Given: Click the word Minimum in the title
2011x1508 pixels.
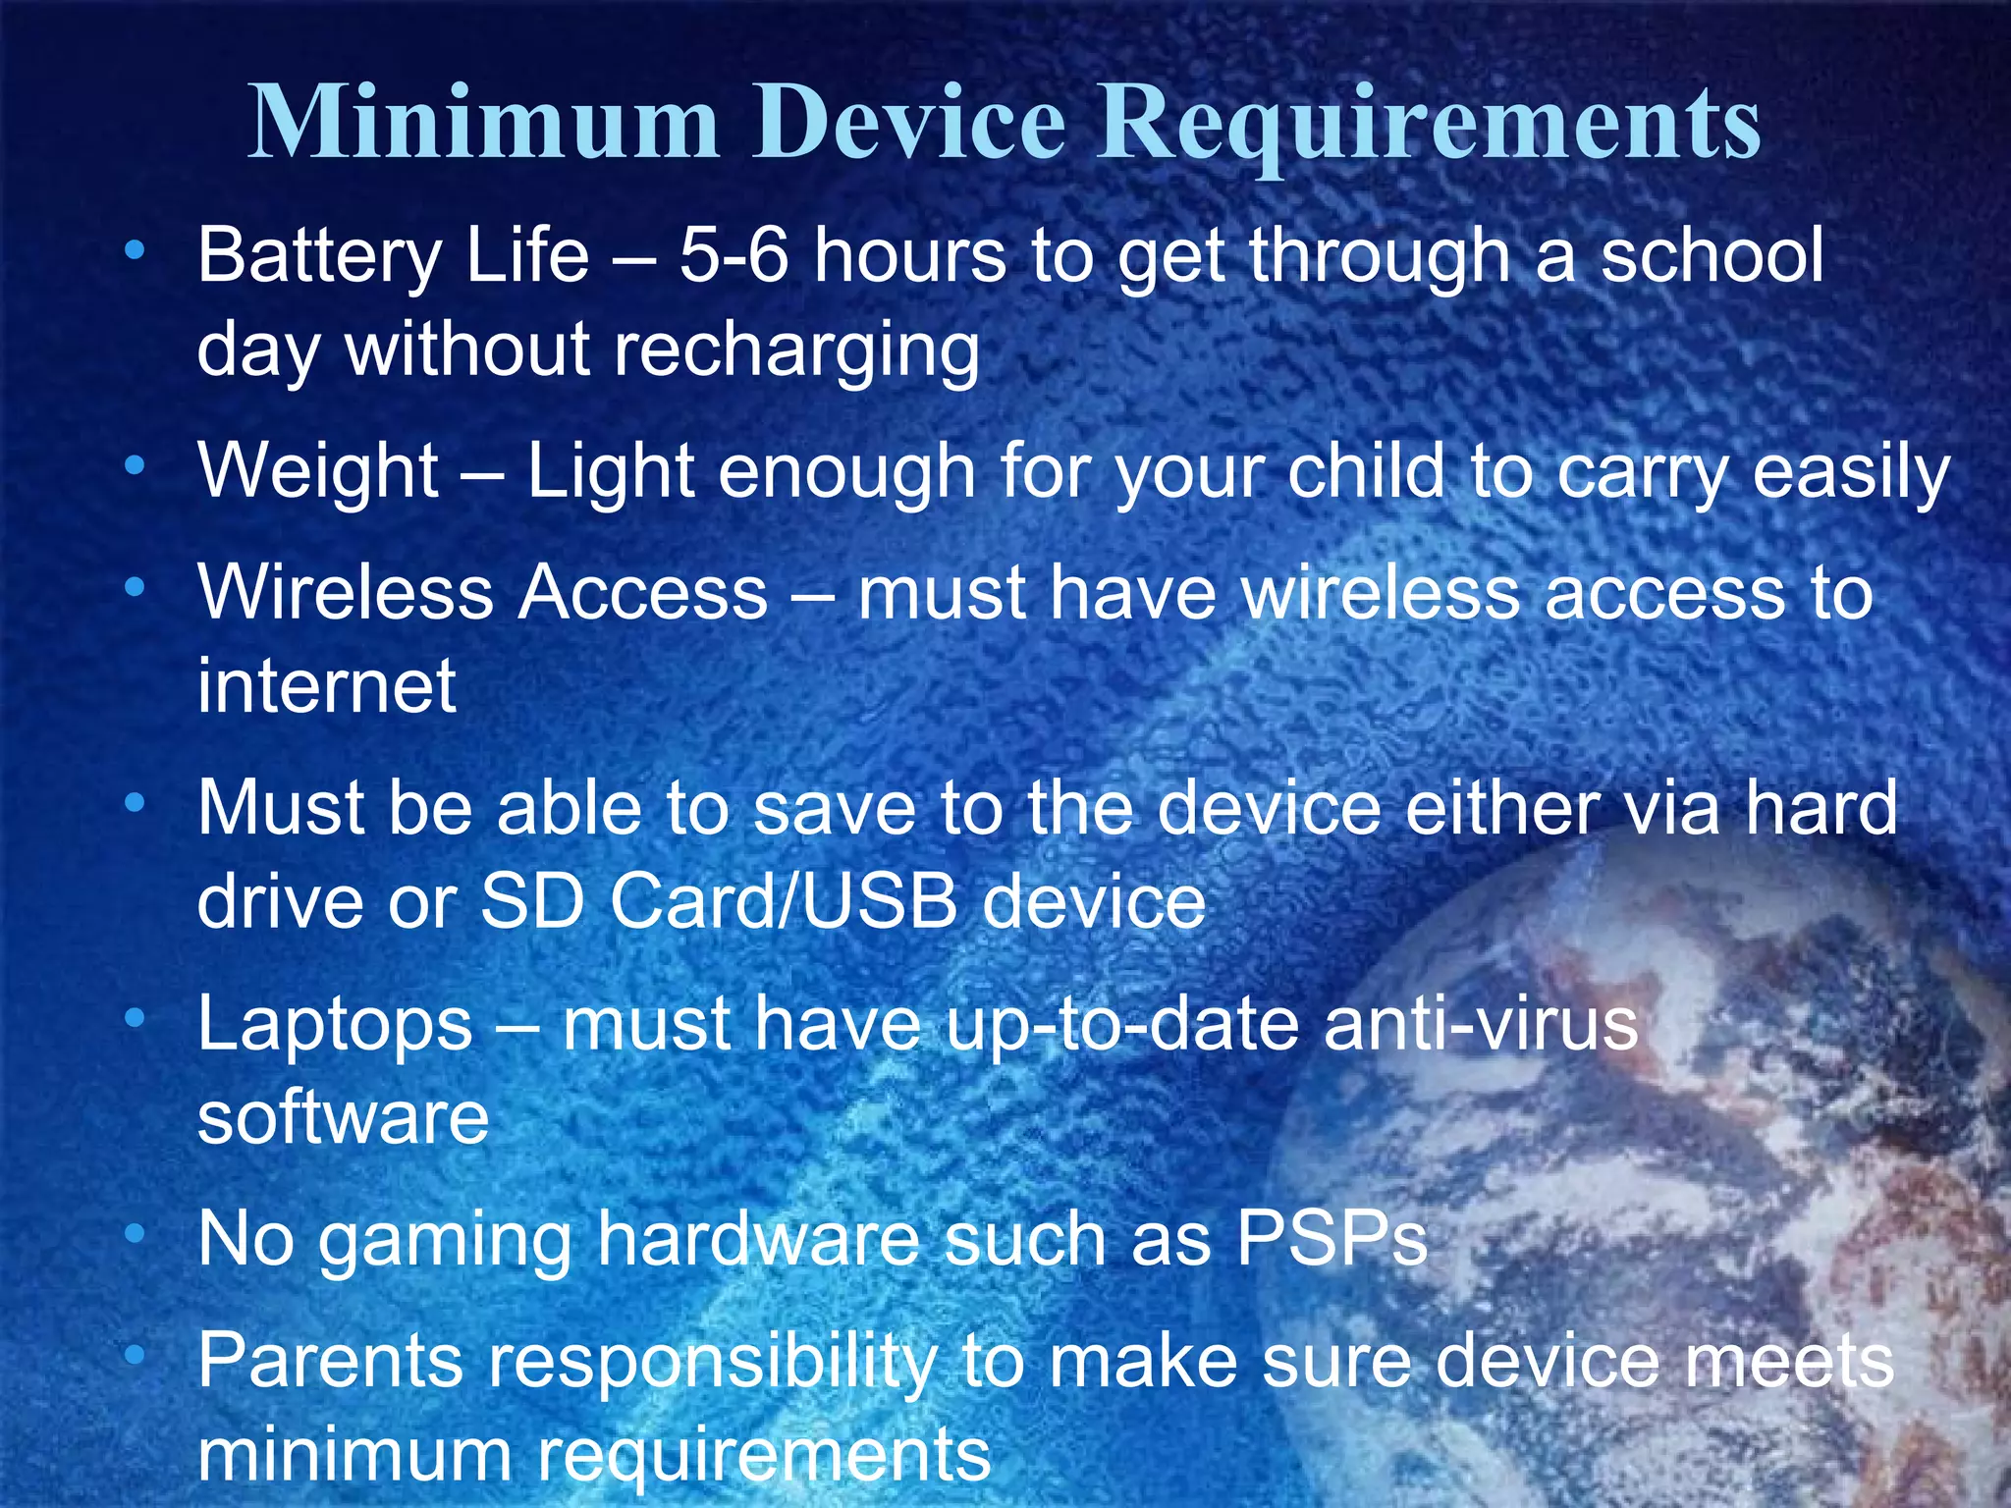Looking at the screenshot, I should (x=483, y=122).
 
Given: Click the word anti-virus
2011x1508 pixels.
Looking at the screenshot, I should (x=1481, y=1024).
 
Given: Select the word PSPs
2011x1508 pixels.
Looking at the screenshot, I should (x=1332, y=1239).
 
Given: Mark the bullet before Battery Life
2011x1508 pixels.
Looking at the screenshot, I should (x=135, y=251).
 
